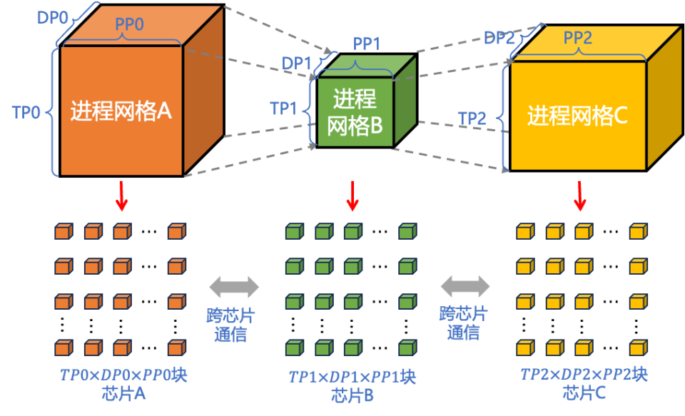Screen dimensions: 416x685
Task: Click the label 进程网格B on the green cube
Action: (x=355, y=112)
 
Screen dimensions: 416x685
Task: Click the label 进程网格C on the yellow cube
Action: (x=577, y=116)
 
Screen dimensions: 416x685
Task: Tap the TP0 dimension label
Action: (x=26, y=112)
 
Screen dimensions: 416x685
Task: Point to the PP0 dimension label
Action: (x=129, y=24)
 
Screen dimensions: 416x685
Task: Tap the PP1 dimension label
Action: (x=366, y=44)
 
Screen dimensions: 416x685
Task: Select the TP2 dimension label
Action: (x=472, y=118)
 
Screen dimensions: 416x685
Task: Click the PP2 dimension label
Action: (x=578, y=38)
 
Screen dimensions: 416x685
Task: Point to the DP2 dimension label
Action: (x=499, y=38)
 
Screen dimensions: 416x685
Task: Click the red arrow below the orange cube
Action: (x=122, y=196)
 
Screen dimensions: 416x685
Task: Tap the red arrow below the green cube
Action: (x=352, y=196)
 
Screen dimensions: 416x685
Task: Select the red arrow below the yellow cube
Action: (x=580, y=196)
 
